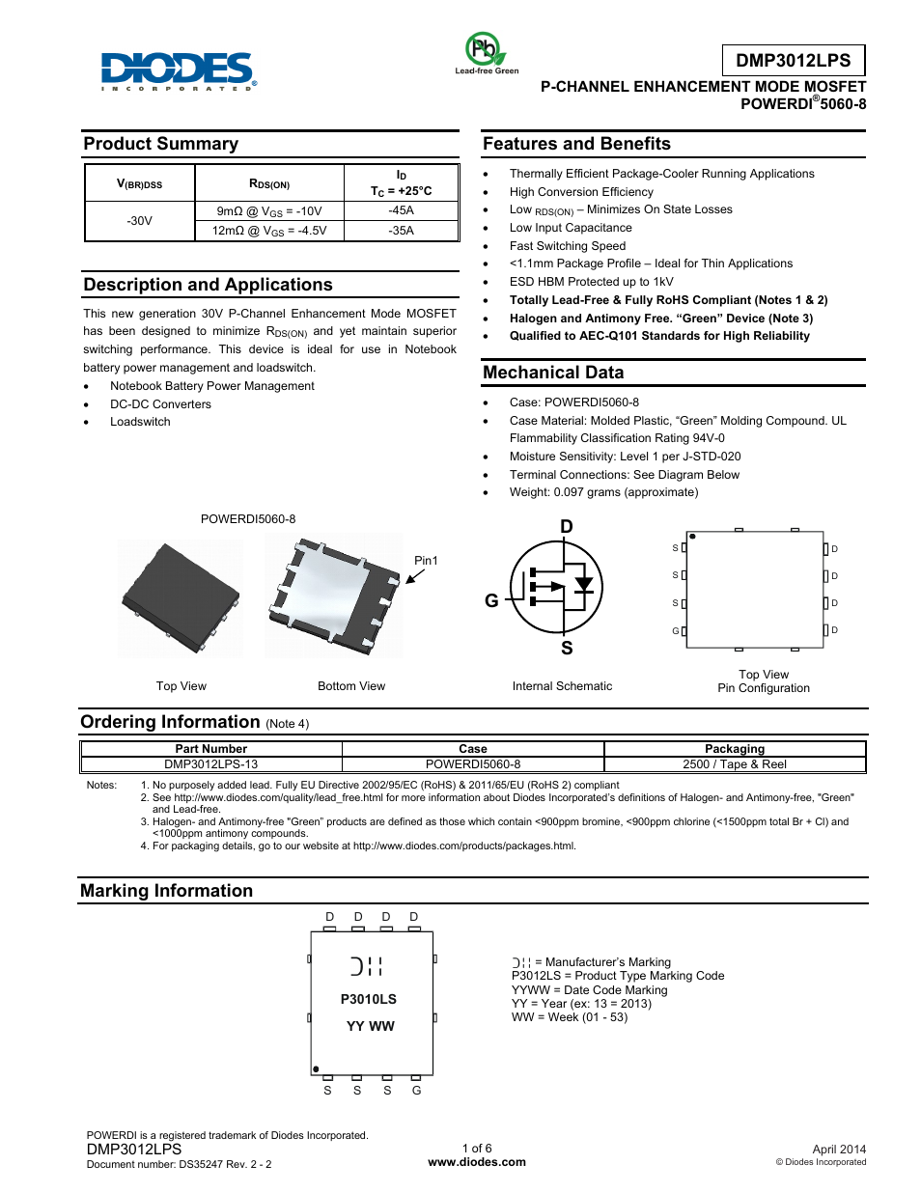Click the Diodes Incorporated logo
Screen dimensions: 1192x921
coord(179,70)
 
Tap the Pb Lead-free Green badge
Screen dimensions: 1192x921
coord(486,52)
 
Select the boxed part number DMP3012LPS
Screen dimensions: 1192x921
coord(793,60)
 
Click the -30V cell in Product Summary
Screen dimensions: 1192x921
coord(139,221)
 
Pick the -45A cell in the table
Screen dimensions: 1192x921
coord(401,210)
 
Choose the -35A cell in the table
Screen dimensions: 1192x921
coord(401,231)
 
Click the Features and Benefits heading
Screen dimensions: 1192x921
coord(576,144)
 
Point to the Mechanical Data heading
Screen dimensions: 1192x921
coord(553,373)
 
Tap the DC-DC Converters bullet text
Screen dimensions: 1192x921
coord(160,404)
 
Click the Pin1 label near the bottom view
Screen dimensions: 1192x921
coord(426,561)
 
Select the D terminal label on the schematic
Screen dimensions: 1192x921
coord(567,527)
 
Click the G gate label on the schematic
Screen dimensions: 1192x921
coord(491,600)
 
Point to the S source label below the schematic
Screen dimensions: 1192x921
coord(567,649)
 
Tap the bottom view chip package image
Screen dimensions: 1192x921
coord(334,596)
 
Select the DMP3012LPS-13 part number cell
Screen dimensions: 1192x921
coord(210,764)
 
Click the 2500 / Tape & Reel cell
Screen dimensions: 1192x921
coord(734,764)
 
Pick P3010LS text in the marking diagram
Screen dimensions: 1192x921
coord(369,999)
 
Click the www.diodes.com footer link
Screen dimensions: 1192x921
coord(477,1162)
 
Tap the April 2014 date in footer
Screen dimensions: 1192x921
coord(839,1149)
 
